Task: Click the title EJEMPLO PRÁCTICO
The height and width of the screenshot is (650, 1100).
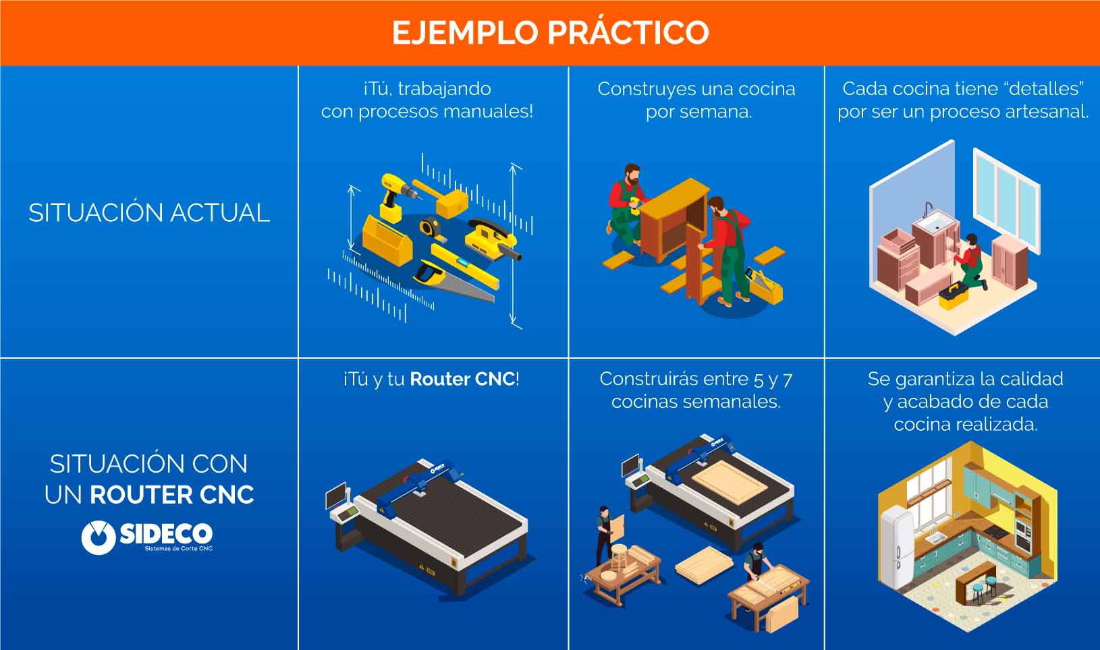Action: [550, 32]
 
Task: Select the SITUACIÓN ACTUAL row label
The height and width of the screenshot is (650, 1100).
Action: [149, 213]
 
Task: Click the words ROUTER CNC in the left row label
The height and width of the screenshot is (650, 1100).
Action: [172, 495]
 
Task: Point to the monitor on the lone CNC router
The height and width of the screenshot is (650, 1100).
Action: [335, 496]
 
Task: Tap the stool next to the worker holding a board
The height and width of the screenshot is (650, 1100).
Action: [619, 557]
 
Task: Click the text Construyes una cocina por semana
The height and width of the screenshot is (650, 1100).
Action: [696, 100]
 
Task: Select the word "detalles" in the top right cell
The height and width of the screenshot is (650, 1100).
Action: [1044, 89]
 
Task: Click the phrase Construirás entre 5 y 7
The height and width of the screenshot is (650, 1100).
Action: [696, 379]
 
